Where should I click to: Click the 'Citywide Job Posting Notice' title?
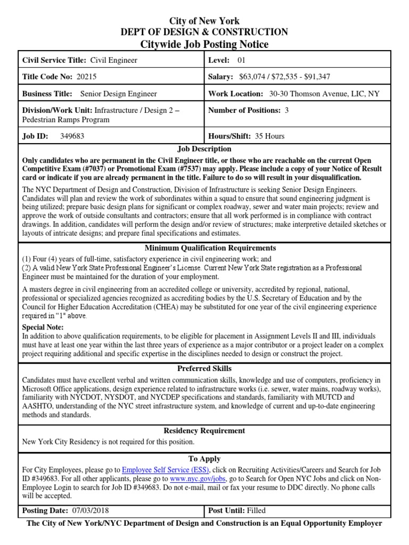[x=204, y=44]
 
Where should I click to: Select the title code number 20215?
[x=86, y=77]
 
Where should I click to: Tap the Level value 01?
[x=242, y=60]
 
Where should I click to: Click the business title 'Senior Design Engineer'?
[x=119, y=94]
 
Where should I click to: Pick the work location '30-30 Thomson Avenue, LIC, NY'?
[x=324, y=94]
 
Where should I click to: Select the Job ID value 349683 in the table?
[x=72, y=136]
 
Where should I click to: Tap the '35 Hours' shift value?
[x=269, y=136]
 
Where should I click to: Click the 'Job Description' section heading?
[x=204, y=149]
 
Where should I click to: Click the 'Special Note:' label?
[x=43, y=327]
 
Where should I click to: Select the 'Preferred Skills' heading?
[x=204, y=368]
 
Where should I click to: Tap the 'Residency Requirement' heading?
[x=204, y=431]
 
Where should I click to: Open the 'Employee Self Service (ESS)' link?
[x=166, y=470]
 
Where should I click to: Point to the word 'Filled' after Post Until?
[x=256, y=510]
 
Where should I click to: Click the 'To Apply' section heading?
[x=204, y=459]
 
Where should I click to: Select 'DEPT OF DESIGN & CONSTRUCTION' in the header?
[x=204, y=32]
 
